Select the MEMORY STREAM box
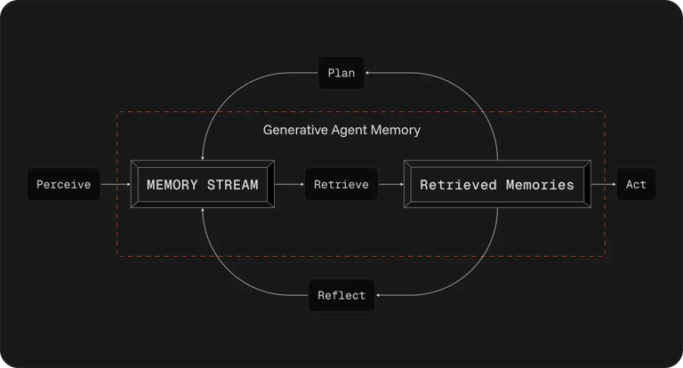pyautogui.click(x=202, y=185)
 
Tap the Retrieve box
pyautogui.click(x=341, y=185)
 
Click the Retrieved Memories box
pyautogui.click(x=496, y=185)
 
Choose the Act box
pyautogui.click(x=636, y=185)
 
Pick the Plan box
pyautogui.click(x=341, y=73)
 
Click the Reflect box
pyautogui.click(x=341, y=295)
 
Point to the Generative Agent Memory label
pyautogui.click(x=341, y=130)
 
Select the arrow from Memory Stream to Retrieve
pyautogui.click(x=290, y=185)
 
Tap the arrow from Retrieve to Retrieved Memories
pyautogui.click(x=391, y=185)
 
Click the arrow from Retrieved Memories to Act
pyautogui.click(x=603, y=185)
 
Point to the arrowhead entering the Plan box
pyautogui.click(x=368, y=73)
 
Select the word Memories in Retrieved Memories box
pyautogui.click(x=537, y=185)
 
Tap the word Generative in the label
pyautogui.click(x=294, y=130)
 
